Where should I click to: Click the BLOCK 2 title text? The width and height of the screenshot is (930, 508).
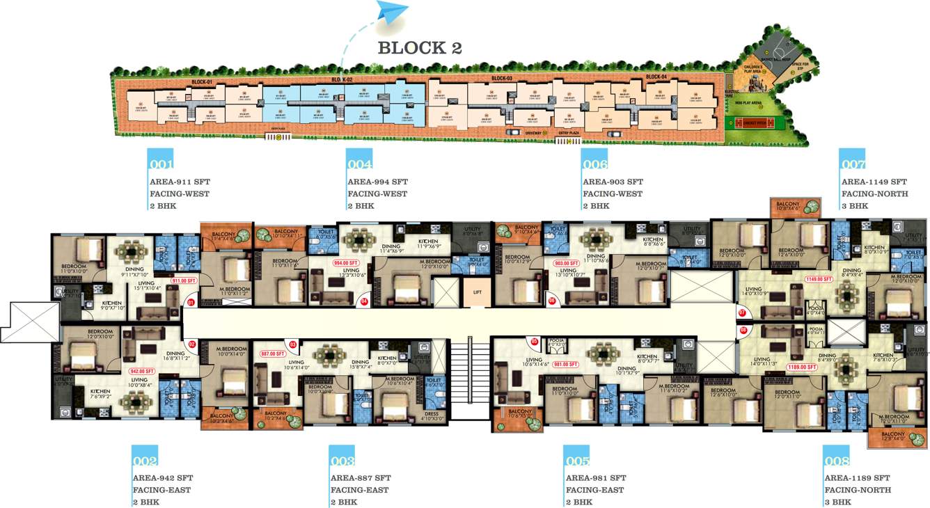420,48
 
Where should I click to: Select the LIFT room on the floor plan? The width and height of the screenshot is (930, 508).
477,292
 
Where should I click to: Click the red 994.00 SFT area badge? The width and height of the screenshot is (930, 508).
345,263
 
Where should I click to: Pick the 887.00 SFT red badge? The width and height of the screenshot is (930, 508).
274,354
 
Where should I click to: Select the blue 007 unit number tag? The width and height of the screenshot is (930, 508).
853,164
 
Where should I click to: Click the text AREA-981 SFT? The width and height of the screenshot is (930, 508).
596,478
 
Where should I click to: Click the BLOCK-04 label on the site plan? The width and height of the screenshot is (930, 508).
656,77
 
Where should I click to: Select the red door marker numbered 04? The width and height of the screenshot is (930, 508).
363,301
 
